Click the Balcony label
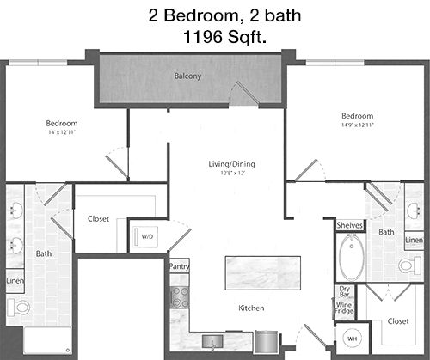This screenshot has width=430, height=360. [x=187, y=76]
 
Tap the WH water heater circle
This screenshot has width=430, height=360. [x=352, y=339]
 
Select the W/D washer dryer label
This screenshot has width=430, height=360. [x=147, y=236]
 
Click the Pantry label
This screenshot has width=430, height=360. [x=179, y=266]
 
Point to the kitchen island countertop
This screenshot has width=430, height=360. [x=263, y=273]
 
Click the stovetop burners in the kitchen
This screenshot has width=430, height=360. [x=180, y=297]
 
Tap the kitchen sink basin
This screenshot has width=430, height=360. [x=212, y=341]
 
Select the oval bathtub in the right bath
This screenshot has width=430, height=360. [x=352, y=257]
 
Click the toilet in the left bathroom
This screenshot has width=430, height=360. [x=18, y=308]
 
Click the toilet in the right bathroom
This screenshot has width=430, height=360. [x=409, y=265]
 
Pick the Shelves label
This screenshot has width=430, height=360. [x=350, y=225]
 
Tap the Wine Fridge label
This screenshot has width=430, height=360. [x=344, y=308]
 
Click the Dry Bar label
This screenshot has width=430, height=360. [x=345, y=291]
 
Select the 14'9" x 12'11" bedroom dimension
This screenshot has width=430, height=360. [x=358, y=125]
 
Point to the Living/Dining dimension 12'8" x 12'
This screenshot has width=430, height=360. [x=233, y=173]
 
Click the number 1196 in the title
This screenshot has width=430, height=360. [x=202, y=37]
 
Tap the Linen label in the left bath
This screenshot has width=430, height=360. [x=15, y=281]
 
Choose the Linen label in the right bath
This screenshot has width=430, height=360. [x=415, y=240]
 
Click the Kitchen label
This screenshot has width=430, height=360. [x=251, y=308]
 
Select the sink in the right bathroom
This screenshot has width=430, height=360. [x=414, y=211]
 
